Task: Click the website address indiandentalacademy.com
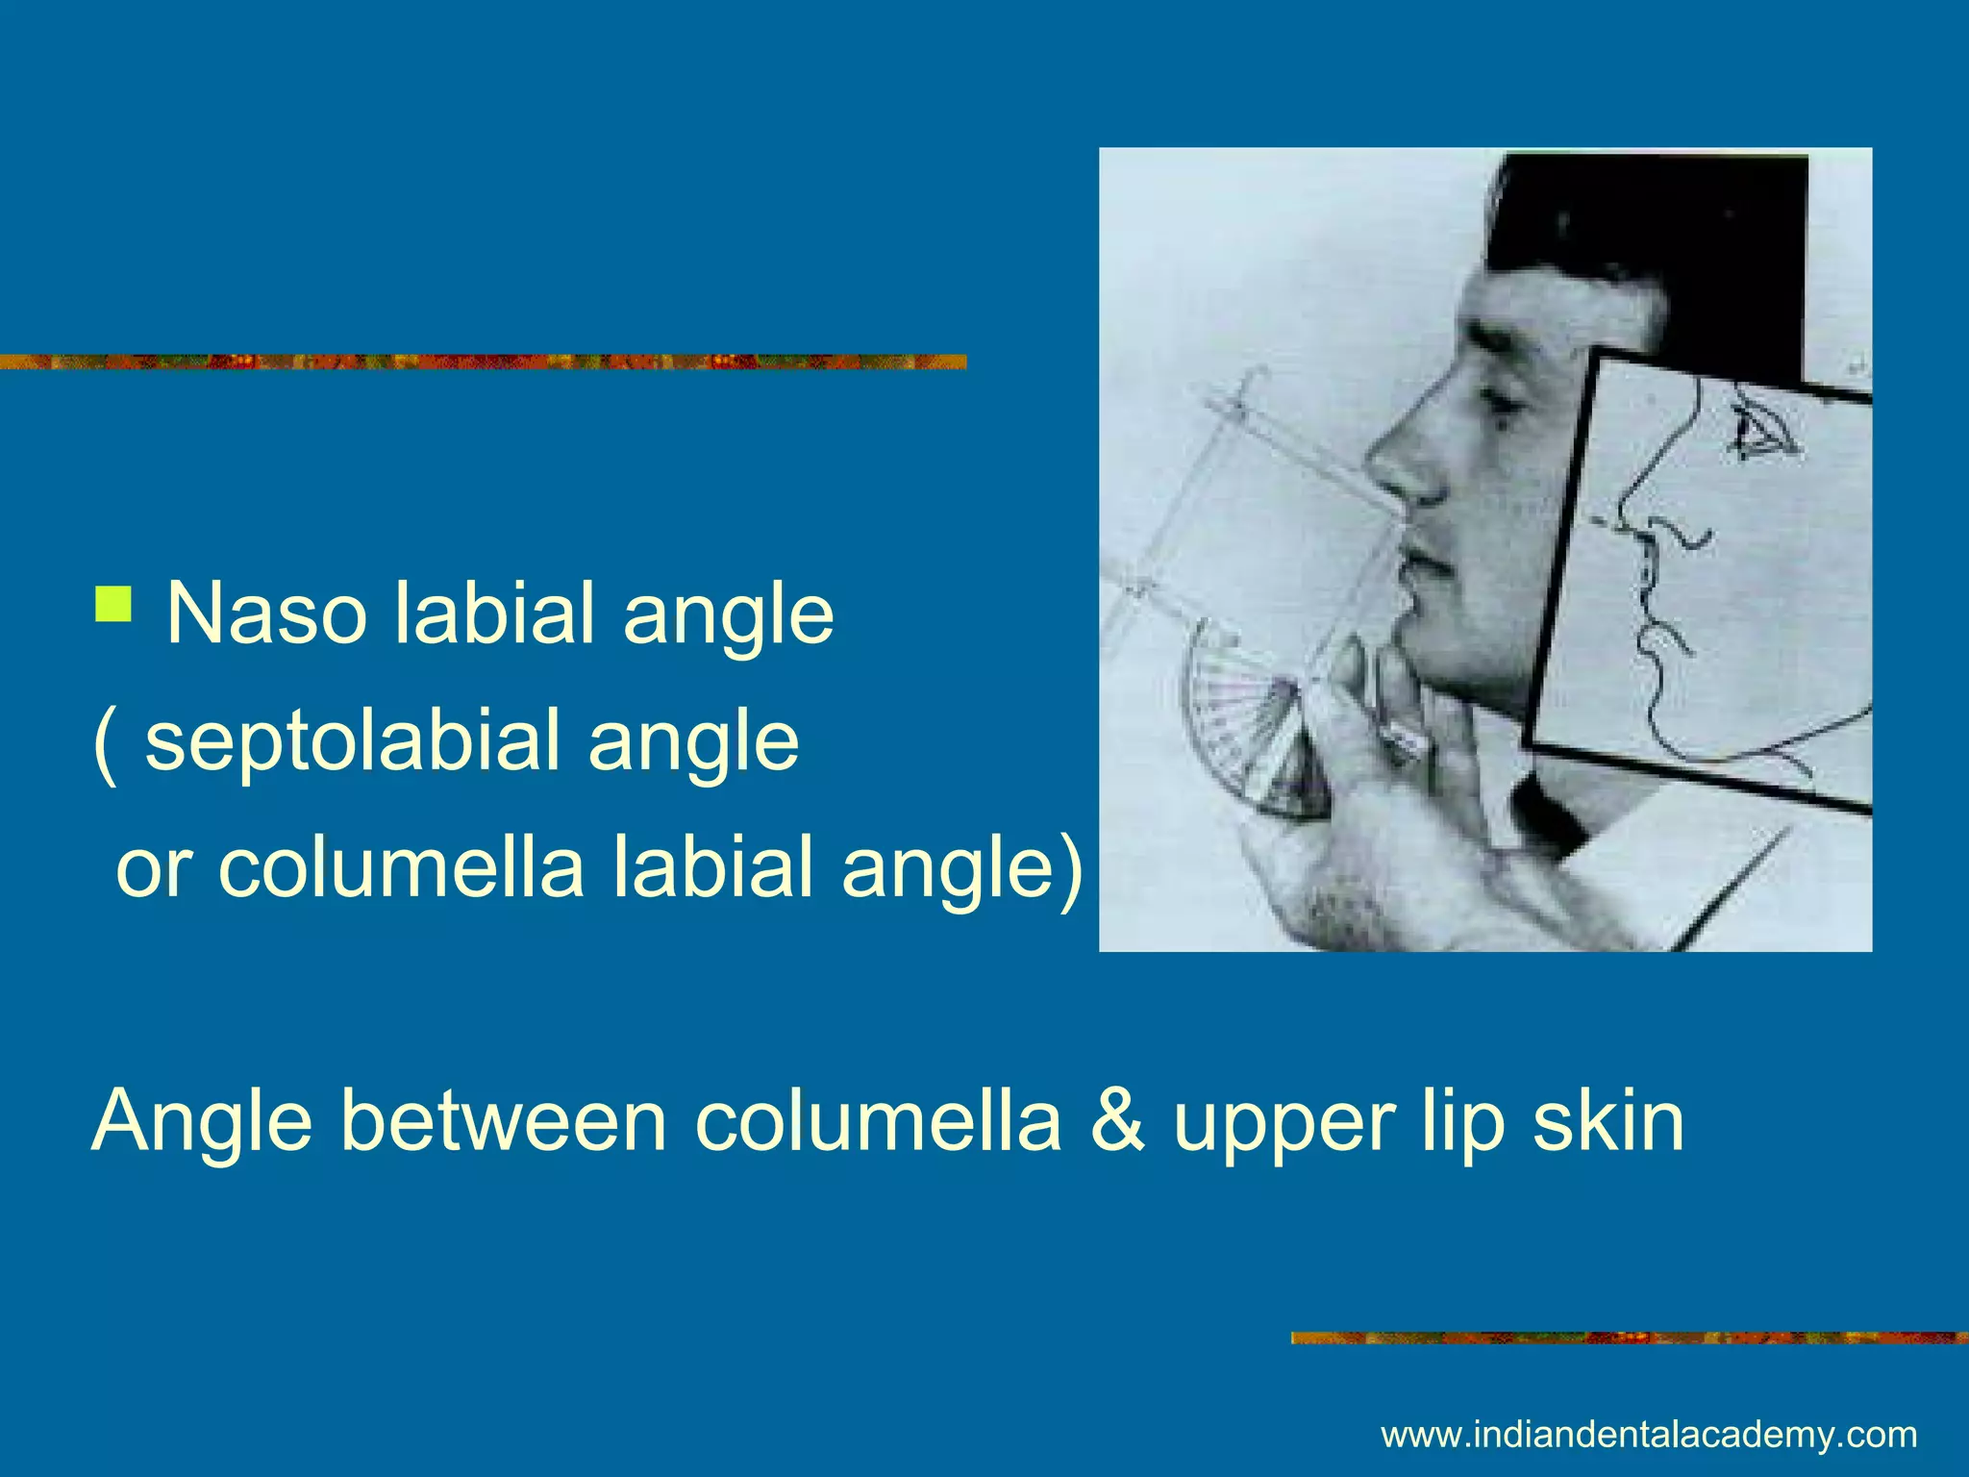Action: (x=1649, y=1436)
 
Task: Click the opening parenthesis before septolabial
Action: (x=105, y=742)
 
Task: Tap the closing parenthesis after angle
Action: (x=1069, y=868)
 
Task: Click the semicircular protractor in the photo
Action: (x=1240, y=736)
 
